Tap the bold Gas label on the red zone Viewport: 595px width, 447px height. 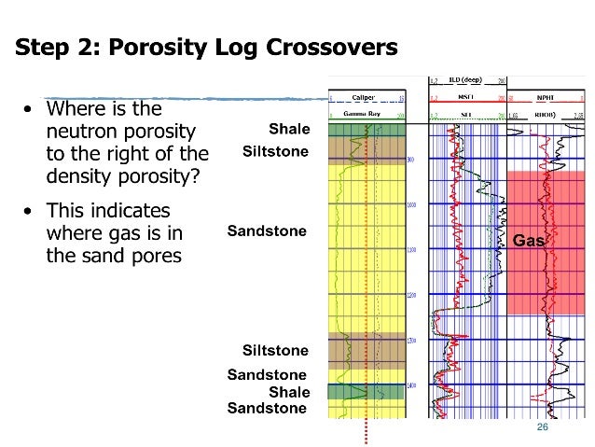click(528, 241)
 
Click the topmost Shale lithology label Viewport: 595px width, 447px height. click(289, 128)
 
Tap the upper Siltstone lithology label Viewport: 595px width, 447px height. click(275, 150)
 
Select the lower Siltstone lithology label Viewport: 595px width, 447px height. click(275, 350)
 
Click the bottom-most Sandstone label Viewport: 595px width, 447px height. click(268, 408)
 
